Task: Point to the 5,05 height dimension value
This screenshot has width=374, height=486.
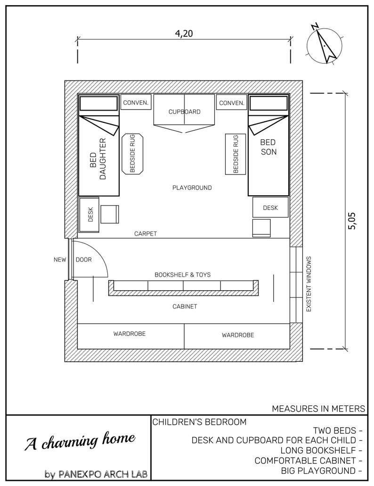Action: click(352, 220)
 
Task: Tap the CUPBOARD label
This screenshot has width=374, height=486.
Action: click(185, 112)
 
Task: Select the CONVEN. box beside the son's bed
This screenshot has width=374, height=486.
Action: click(231, 103)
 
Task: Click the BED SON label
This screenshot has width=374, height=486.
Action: click(268, 146)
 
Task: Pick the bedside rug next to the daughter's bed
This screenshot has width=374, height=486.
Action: click(132, 154)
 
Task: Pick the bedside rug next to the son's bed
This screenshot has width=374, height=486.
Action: click(236, 154)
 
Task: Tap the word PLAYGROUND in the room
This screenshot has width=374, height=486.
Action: click(192, 188)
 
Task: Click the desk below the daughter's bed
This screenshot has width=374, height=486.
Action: click(89, 215)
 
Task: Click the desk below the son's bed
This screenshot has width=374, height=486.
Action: click(270, 207)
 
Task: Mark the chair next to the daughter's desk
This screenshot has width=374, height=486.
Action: click(110, 215)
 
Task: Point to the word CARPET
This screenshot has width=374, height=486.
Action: click(145, 233)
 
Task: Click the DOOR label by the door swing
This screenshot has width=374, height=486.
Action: click(83, 259)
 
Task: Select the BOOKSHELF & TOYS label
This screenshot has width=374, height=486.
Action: click(182, 274)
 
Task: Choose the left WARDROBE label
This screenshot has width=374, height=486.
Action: click(129, 334)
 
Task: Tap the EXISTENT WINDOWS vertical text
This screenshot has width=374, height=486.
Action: click(309, 284)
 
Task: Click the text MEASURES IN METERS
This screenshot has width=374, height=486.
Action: click(318, 409)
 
